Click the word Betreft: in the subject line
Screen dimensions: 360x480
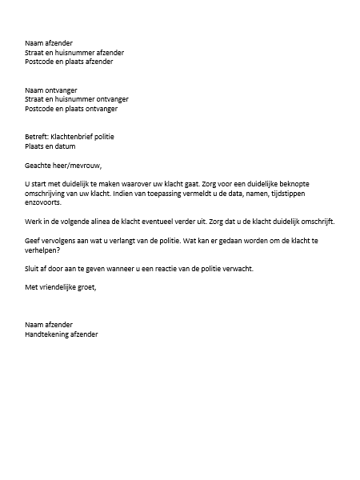click(37, 137)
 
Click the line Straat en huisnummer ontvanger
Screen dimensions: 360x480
click(77, 99)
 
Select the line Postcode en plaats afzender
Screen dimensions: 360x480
click(69, 61)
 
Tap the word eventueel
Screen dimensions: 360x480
click(166, 222)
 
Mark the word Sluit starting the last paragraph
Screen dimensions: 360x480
click(34, 268)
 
